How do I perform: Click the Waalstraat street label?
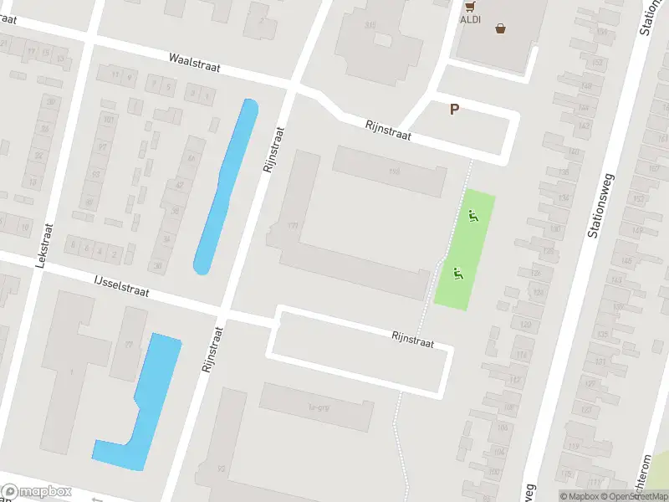click(x=194, y=63)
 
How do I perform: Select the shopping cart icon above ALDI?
click(x=468, y=3)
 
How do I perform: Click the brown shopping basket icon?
click(x=500, y=28)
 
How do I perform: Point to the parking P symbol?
click(x=454, y=109)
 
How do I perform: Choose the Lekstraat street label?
click(x=43, y=245)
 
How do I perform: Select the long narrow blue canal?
click(x=227, y=186)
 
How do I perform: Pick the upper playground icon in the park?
click(x=474, y=217)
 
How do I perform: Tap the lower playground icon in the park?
click(x=457, y=272)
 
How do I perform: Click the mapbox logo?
click(x=37, y=492)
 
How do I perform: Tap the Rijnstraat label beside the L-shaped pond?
click(x=211, y=349)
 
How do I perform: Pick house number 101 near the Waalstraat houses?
click(x=108, y=119)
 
